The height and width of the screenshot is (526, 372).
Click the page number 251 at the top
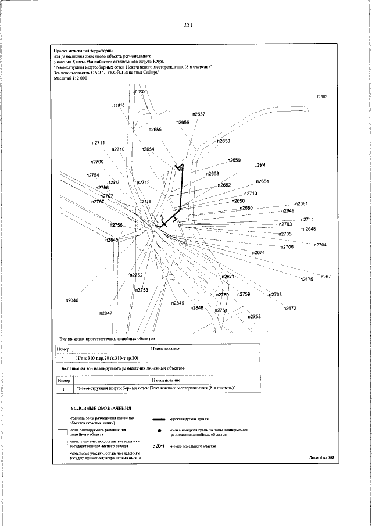pos(187,25)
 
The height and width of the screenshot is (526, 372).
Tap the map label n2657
pos(199,114)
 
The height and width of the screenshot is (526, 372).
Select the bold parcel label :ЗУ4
pos(260,165)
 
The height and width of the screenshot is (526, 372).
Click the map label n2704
pos(320,245)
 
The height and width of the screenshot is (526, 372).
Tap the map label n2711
pos(98,143)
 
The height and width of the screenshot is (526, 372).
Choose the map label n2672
pos(290,307)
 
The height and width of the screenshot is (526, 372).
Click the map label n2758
pos(254,316)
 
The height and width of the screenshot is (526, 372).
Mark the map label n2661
pos(301,203)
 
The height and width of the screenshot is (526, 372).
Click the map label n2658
pos(224,141)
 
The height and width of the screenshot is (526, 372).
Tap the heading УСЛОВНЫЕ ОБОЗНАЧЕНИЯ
pos(102,409)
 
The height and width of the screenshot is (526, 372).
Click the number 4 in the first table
pos(62,360)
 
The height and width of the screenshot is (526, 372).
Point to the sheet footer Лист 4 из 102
pos(323,459)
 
